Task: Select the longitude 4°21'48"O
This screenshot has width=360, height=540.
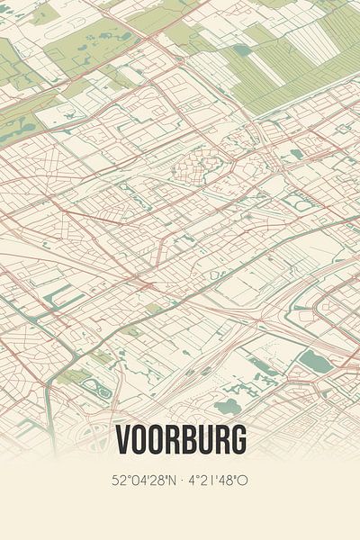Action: [x=217, y=481]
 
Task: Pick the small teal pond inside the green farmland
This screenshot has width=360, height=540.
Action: [x=242, y=49]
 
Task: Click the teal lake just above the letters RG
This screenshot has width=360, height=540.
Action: [x=228, y=406]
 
